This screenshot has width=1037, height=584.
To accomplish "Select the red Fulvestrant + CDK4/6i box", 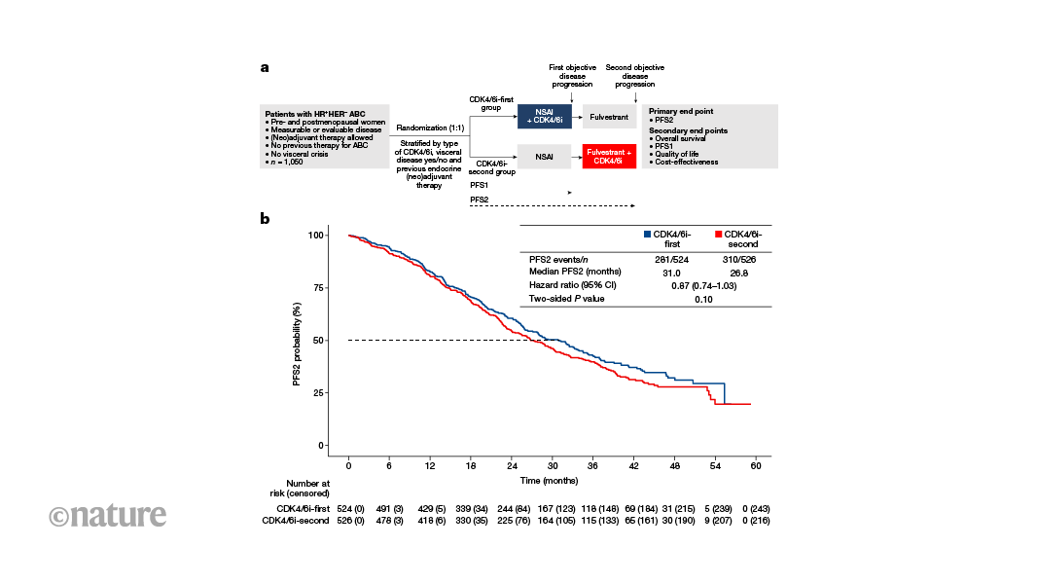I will [609, 156].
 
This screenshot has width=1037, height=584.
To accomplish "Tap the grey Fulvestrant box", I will [609, 118].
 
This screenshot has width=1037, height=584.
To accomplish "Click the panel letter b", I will [265, 219].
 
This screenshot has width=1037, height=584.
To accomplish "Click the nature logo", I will [107, 515].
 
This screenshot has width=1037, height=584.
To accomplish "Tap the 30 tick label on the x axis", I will [553, 465].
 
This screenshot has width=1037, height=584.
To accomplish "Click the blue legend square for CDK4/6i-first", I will [646, 235].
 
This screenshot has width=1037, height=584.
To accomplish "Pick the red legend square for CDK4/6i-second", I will [718, 235].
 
